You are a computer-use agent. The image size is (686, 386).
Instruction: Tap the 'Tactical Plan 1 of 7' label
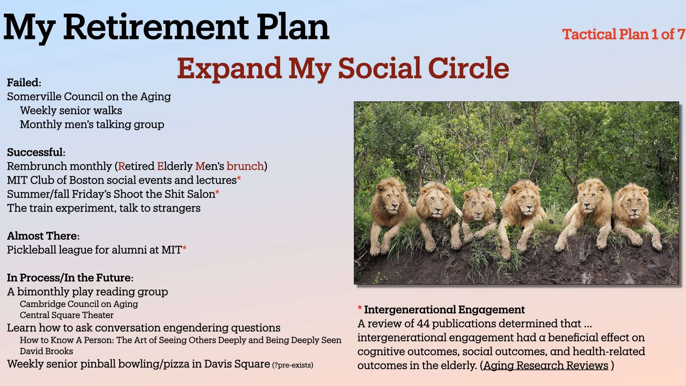[x=624, y=34]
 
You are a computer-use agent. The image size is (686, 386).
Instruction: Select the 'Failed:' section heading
[x=24, y=83]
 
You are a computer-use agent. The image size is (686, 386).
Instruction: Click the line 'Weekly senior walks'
[x=71, y=110]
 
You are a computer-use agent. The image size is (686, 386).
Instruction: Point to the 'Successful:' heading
[x=36, y=152]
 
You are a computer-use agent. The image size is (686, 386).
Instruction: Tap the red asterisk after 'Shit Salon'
[x=217, y=192]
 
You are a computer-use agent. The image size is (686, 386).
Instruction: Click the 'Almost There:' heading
[x=43, y=236]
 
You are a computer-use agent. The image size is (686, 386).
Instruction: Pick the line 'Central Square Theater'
[x=66, y=315]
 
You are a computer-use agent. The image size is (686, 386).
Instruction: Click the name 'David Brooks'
[x=46, y=351]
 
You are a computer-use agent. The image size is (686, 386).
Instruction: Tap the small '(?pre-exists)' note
[x=293, y=365]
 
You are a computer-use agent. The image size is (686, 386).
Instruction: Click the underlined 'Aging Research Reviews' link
[x=546, y=366]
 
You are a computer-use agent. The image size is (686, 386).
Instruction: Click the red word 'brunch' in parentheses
[x=245, y=166]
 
